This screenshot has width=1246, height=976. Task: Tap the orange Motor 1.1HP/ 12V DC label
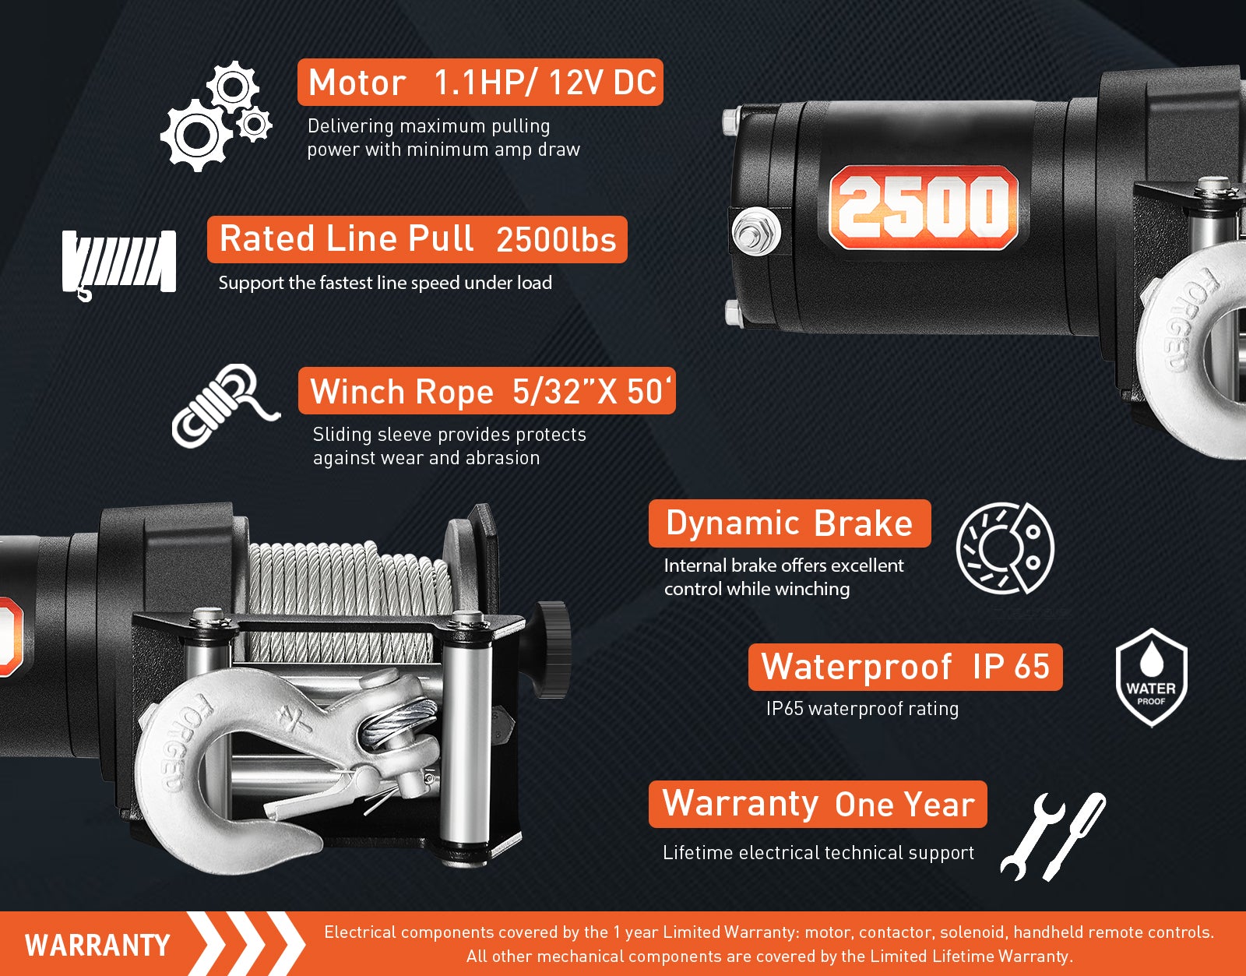tap(480, 82)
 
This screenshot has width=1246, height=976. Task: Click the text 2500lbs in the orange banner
tap(556, 240)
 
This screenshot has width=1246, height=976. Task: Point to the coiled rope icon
tap(225, 405)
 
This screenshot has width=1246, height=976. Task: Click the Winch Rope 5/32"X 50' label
tap(487, 391)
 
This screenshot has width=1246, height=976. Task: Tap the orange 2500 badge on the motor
tap(924, 208)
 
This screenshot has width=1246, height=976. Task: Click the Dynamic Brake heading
tap(790, 523)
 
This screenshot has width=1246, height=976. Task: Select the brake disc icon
tap(1005, 548)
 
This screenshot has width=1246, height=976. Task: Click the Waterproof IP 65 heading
tap(906, 667)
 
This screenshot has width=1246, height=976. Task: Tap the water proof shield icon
tap(1152, 677)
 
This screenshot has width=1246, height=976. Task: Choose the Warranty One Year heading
tap(818, 804)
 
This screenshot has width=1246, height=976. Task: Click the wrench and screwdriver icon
tap(1054, 837)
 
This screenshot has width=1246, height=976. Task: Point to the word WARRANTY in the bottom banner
tap(97, 945)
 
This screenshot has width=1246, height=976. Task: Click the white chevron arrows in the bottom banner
tap(247, 944)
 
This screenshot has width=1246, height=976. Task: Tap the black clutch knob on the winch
tap(552, 650)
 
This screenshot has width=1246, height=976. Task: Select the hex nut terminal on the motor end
tap(755, 231)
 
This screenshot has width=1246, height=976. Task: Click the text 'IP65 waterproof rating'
tap(862, 709)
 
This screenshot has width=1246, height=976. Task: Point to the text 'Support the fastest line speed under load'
tap(385, 283)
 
